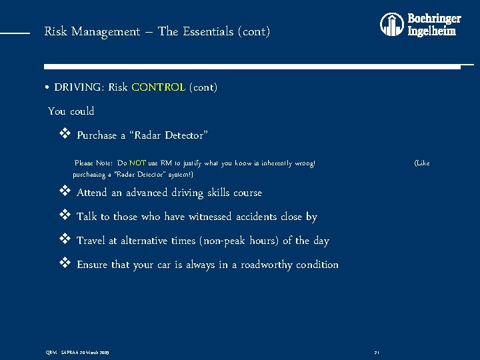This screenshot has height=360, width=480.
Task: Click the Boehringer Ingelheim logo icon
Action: (392, 25)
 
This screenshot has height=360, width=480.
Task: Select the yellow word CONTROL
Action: (159, 87)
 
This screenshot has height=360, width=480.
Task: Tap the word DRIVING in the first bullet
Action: (79, 87)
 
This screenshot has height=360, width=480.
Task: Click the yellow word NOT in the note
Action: (138, 163)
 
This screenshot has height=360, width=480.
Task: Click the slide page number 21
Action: (377, 352)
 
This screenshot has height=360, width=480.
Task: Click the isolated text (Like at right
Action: (422, 163)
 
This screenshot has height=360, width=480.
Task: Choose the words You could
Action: (71, 111)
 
